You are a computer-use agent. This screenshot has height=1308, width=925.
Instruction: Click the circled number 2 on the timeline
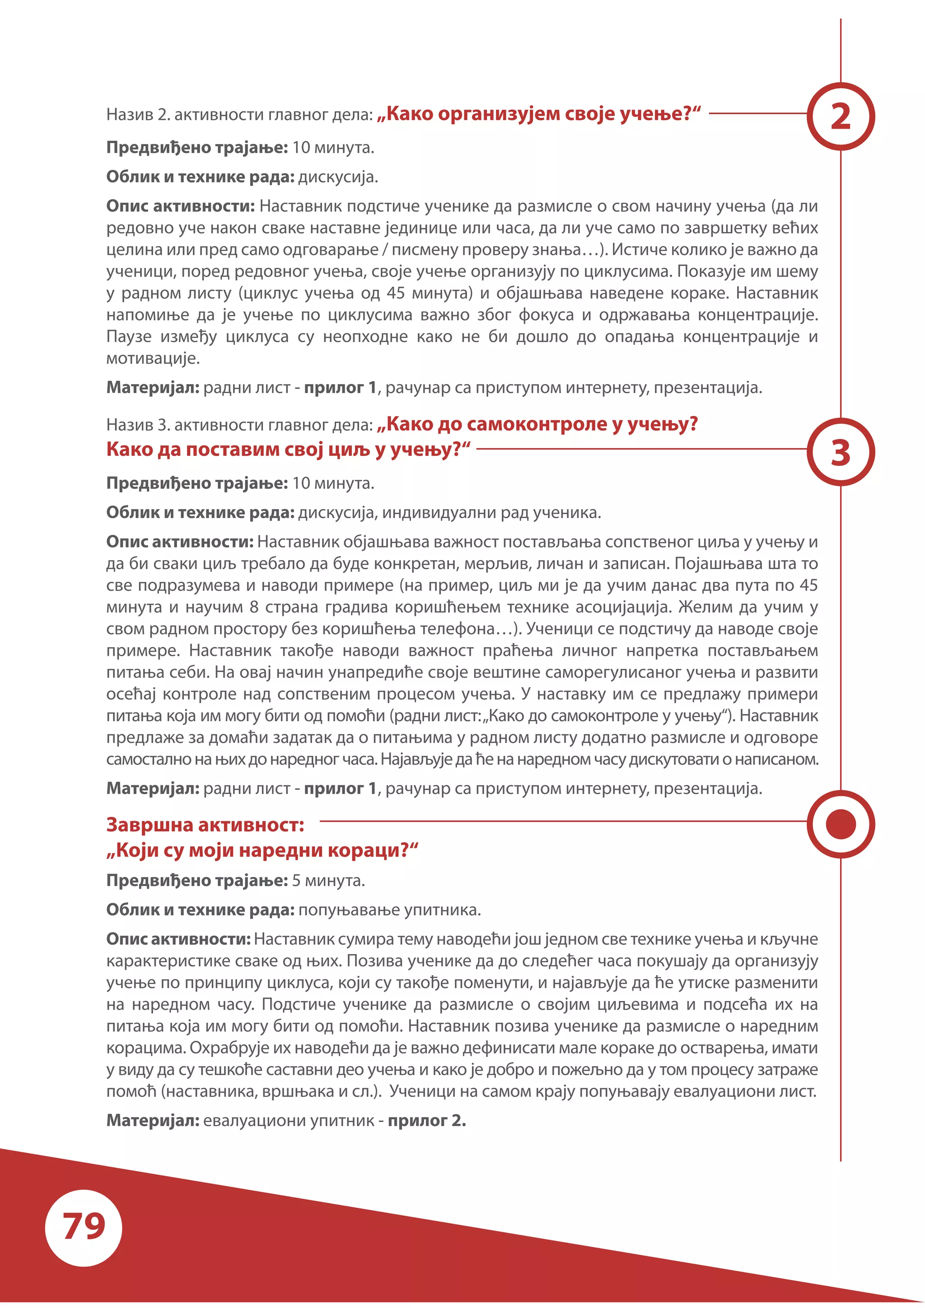(x=841, y=116)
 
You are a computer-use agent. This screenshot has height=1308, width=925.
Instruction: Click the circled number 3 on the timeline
(x=841, y=452)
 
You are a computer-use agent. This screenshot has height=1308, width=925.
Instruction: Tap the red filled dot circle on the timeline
(x=841, y=824)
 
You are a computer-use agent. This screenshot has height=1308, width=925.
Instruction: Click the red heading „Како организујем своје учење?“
(x=538, y=114)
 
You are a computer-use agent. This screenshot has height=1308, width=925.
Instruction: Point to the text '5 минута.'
(x=328, y=880)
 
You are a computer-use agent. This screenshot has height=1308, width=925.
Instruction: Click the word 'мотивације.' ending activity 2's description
(x=153, y=358)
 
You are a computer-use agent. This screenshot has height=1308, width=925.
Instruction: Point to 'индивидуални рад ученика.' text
(x=491, y=512)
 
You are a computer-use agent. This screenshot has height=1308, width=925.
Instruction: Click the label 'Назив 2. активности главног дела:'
(x=239, y=115)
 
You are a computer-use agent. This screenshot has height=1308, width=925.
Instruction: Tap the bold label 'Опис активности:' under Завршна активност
(x=178, y=938)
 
